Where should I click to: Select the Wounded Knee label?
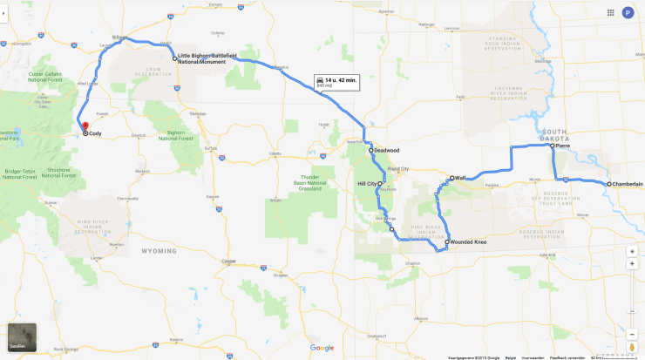point(468,241)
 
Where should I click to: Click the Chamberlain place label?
point(627,184)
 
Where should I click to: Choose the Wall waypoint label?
point(459,178)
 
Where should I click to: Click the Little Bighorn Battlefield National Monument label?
point(208,58)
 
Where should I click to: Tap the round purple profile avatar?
point(628,13)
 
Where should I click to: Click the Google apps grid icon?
point(610,13)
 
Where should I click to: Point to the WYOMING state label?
point(159,250)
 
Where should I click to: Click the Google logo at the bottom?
point(322,348)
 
